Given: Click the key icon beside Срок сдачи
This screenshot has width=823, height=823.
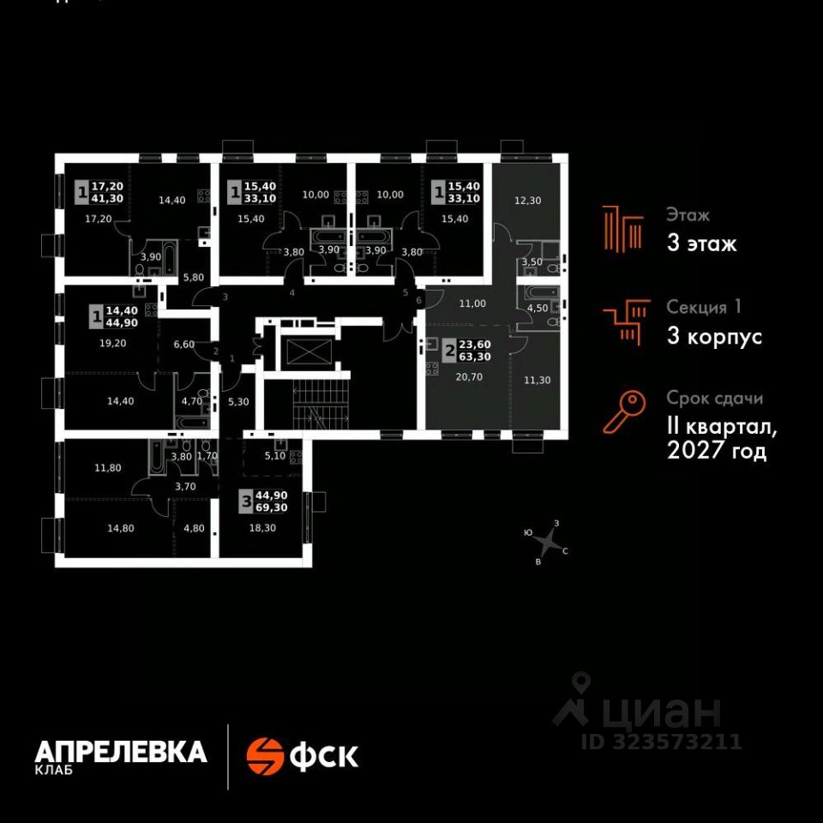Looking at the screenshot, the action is [623, 411].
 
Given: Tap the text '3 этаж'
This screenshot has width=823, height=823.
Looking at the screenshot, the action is [701, 243].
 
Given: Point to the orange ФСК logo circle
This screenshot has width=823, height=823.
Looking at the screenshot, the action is [265, 755].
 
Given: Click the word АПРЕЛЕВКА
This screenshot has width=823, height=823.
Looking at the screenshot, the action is [120, 752].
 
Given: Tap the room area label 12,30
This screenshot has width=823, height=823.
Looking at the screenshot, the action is [528, 201].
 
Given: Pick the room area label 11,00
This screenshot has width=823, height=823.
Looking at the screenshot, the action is [472, 303].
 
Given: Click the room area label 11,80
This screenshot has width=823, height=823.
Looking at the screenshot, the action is [109, 468].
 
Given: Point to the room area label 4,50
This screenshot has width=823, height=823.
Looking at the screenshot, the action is [538, 308].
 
